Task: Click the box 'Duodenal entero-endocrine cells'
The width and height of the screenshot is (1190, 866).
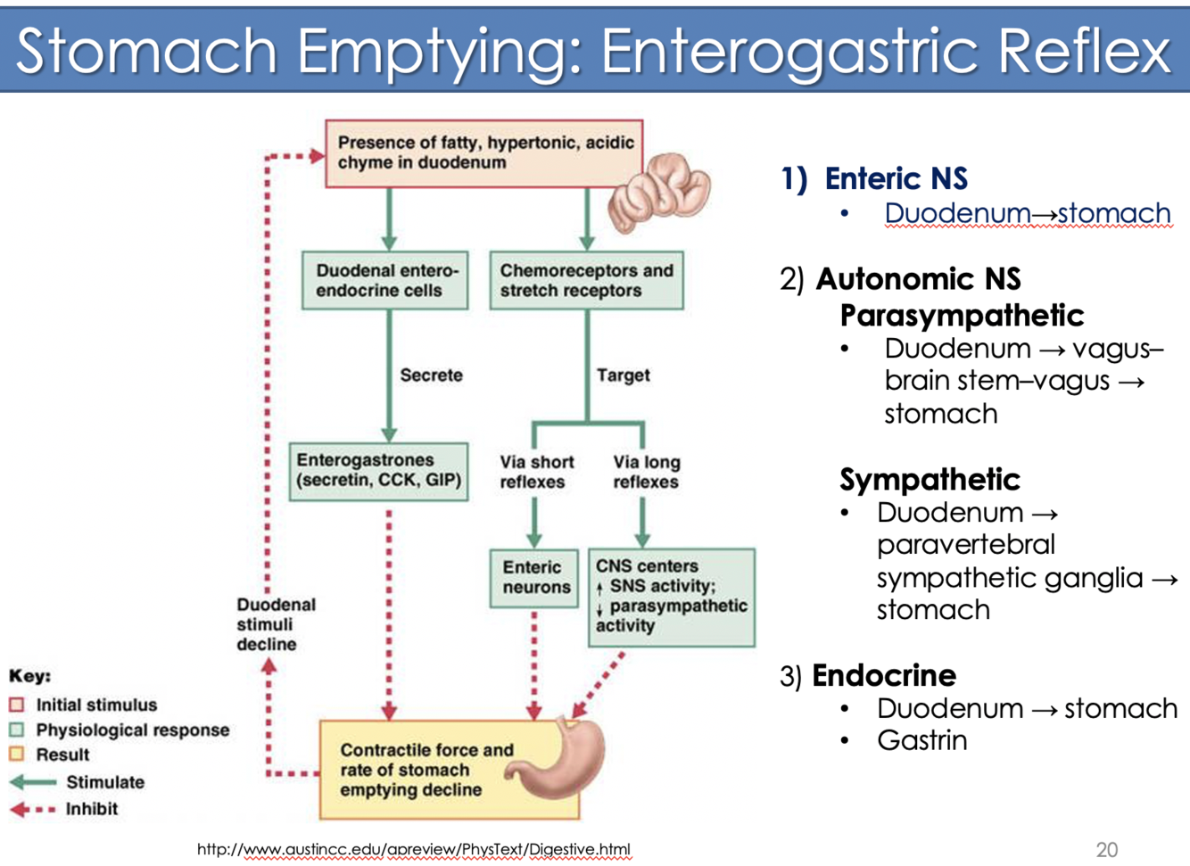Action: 384,281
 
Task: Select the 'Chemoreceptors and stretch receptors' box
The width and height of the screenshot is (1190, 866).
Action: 586,281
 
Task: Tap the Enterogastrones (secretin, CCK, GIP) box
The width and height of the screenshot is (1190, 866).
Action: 378,471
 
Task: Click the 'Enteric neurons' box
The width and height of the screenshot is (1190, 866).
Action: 534,578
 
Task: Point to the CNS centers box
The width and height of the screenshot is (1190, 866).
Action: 671,597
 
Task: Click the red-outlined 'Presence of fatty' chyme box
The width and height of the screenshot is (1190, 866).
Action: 483,153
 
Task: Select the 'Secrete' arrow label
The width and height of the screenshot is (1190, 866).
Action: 431,375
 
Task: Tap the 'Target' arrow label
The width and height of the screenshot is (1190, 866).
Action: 623,375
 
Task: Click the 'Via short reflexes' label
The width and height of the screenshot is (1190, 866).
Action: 535,472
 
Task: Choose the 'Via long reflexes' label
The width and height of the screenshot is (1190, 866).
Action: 646,472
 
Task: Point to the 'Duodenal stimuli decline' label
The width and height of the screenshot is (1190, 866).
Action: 275,624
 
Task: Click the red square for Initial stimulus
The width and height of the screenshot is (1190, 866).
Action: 16,705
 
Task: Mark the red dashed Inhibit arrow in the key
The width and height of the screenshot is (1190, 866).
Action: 33,810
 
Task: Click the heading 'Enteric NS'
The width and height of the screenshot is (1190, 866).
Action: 895,178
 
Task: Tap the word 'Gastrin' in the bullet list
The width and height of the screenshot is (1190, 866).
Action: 921,740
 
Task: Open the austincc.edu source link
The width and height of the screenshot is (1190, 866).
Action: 413,849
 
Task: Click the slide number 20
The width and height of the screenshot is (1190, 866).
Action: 1106,849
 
